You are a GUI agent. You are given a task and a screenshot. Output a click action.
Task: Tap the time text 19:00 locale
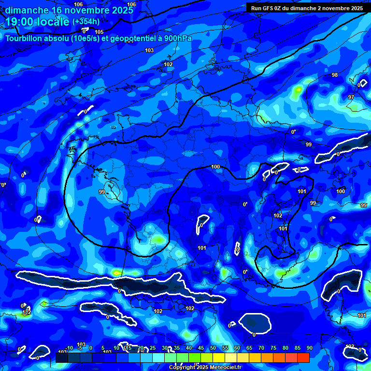38,21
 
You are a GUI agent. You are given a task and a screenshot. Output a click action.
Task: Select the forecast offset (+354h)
86,21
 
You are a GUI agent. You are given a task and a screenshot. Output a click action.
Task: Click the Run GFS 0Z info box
307,8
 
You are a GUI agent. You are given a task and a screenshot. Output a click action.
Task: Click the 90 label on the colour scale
309,348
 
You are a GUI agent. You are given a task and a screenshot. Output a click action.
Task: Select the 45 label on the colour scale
200,348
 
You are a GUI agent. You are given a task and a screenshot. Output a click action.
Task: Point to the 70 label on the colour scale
261,348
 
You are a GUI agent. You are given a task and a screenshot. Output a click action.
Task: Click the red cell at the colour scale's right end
303,357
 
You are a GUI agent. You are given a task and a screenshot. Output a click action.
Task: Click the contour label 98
335,75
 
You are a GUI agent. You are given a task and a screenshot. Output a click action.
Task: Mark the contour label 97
351,97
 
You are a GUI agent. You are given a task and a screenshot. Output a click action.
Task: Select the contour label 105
99,32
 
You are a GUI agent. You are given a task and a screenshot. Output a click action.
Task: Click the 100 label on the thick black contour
215,167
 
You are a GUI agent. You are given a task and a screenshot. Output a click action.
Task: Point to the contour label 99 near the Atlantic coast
102,192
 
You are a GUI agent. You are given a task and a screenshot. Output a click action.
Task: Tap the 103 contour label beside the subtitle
149,50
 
